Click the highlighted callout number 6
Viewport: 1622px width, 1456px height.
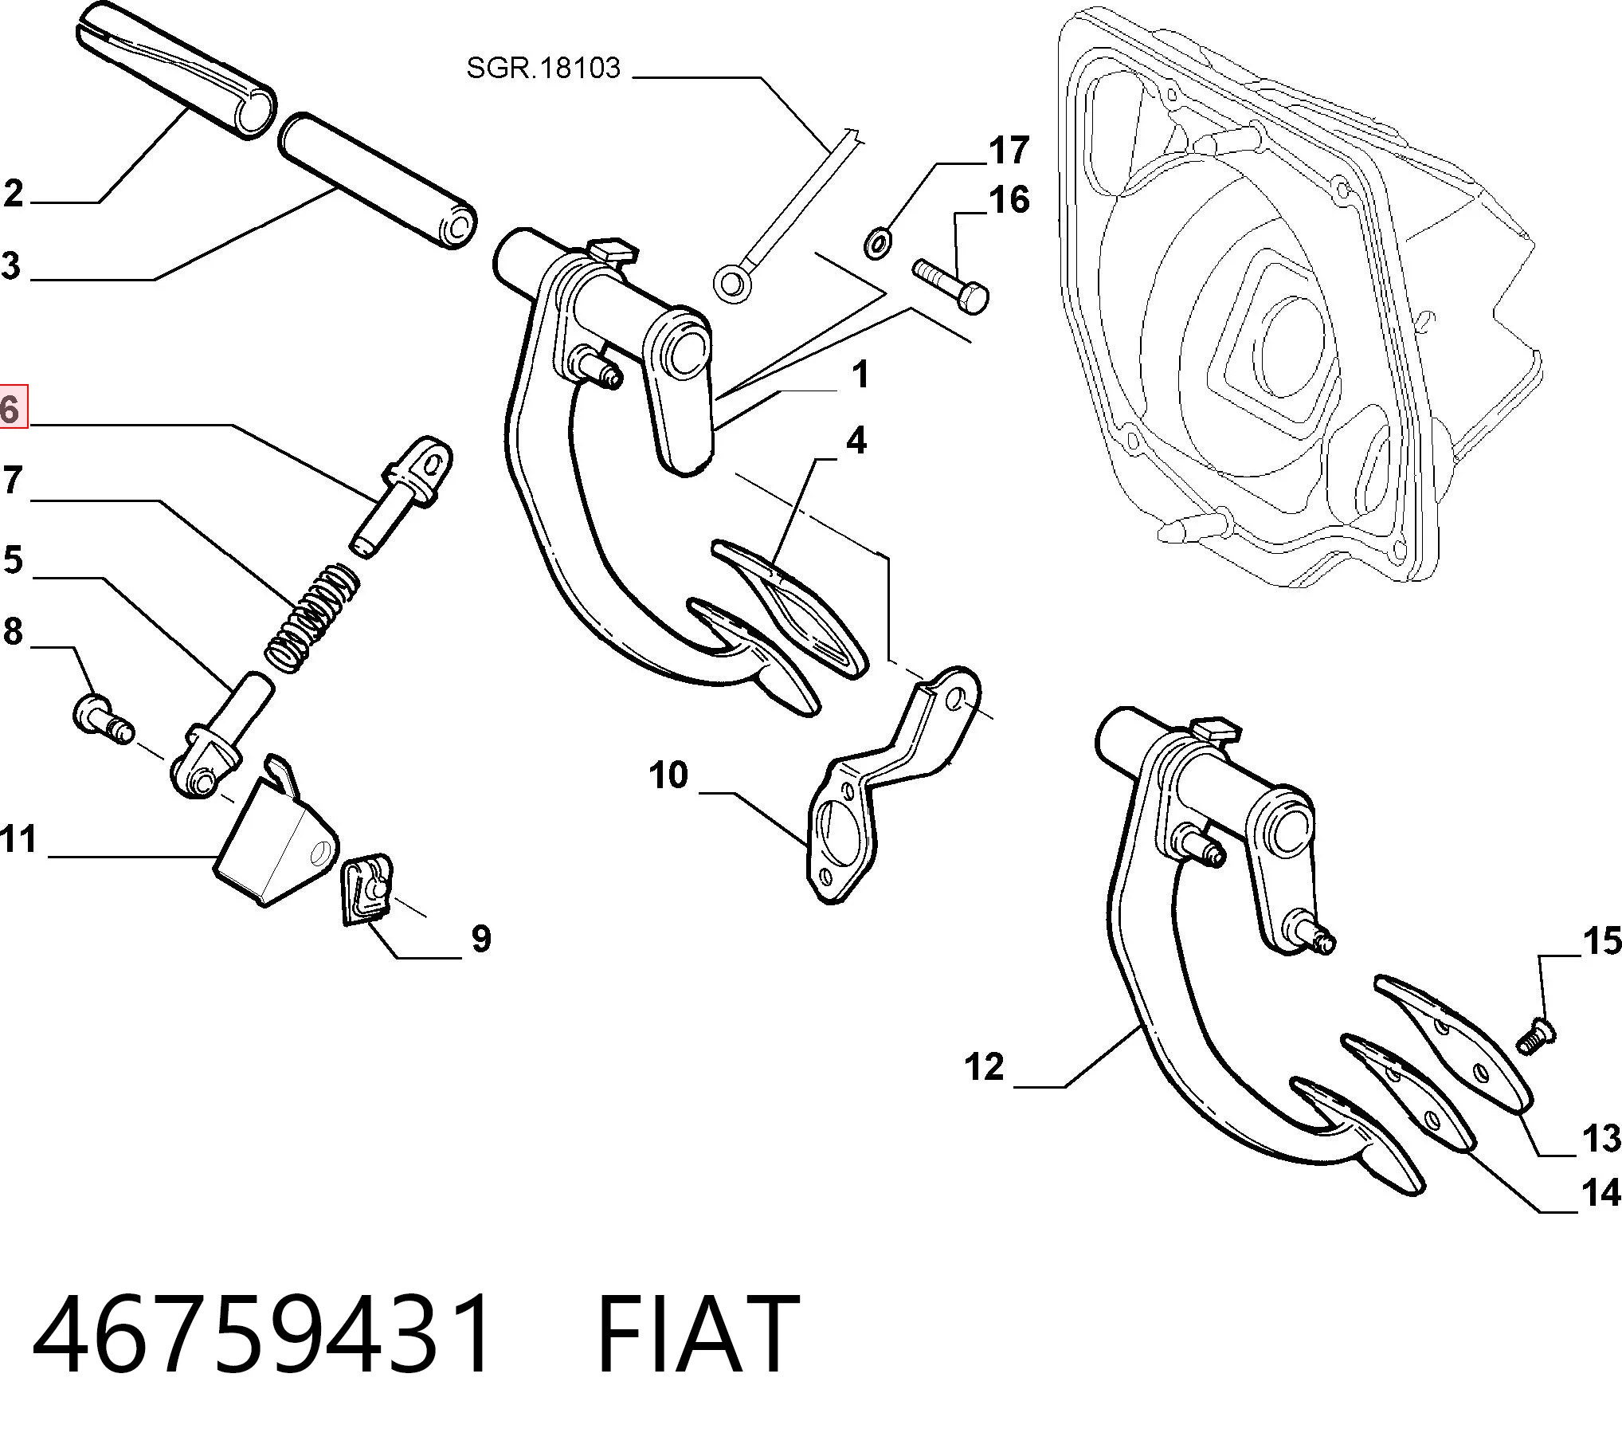coord(12,409)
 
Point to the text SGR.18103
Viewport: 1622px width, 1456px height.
coord(543,69)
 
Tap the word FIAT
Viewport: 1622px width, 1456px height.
coord(698,1335)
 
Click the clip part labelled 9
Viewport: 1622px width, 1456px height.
coord(368,888)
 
